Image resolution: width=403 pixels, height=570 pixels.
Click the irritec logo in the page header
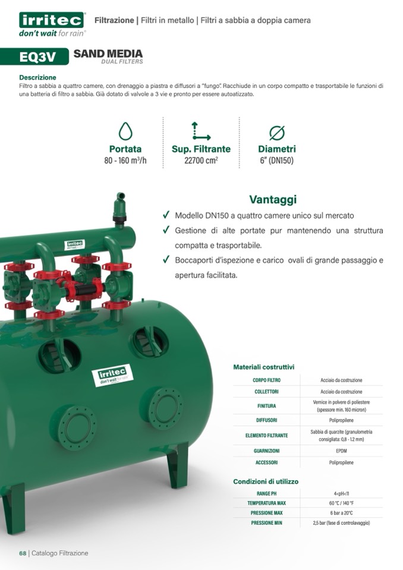(52, 24)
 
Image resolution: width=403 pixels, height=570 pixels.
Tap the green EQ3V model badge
(34, 56)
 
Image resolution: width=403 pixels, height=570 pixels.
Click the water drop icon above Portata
(125, 131)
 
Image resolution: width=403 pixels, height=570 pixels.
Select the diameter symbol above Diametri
(277, 133)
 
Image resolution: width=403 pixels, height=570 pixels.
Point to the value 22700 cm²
(201, 160)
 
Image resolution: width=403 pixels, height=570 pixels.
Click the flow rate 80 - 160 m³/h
(125, 160)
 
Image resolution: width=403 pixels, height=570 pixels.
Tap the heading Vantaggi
(273, 199)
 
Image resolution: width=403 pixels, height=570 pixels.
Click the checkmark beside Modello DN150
(166, 215)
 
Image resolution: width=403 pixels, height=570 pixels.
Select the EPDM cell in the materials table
(341, 451)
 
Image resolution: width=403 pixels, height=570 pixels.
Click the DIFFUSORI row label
(266, 420)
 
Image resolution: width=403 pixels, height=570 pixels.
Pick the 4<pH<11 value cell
(341, 494)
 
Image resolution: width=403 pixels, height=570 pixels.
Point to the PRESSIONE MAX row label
(266, 513)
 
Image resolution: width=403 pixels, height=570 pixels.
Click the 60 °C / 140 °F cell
(341, 503)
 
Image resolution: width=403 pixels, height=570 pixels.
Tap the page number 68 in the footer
(23, 553)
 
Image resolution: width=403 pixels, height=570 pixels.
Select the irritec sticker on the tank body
(112, 375)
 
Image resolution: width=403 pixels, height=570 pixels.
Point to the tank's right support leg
(178, 465)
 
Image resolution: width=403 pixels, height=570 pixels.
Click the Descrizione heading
(38, 77)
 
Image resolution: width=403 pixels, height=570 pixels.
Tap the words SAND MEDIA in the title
(108, 54)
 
